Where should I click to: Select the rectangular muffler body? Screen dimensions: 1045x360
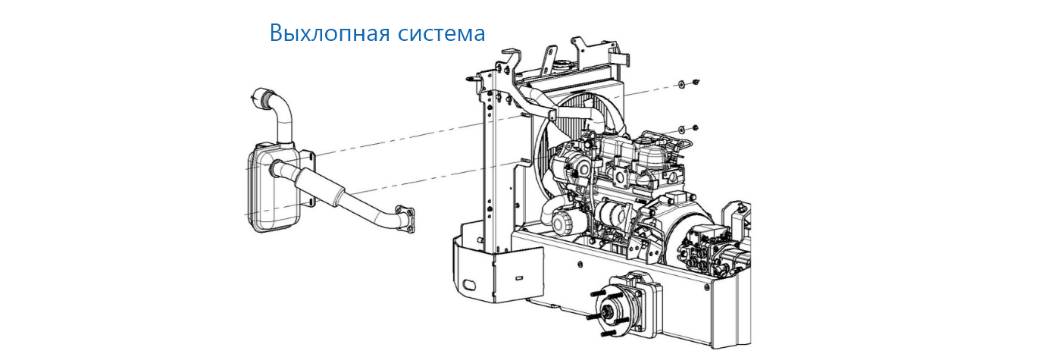click(x=273, y=186)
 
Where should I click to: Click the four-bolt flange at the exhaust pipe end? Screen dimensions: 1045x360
click(x=405, y=218)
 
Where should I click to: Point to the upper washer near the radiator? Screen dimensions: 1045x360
click(x=681, y=84)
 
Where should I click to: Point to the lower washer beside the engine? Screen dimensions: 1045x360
click(x=681, y=128)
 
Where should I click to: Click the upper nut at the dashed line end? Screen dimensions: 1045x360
click(x=695, y=82)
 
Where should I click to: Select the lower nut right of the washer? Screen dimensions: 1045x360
click(x=695, y=127)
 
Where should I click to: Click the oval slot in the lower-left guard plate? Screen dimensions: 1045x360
click(x=468, y=283)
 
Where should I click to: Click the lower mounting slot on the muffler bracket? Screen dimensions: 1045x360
click(x=310, y=202)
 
